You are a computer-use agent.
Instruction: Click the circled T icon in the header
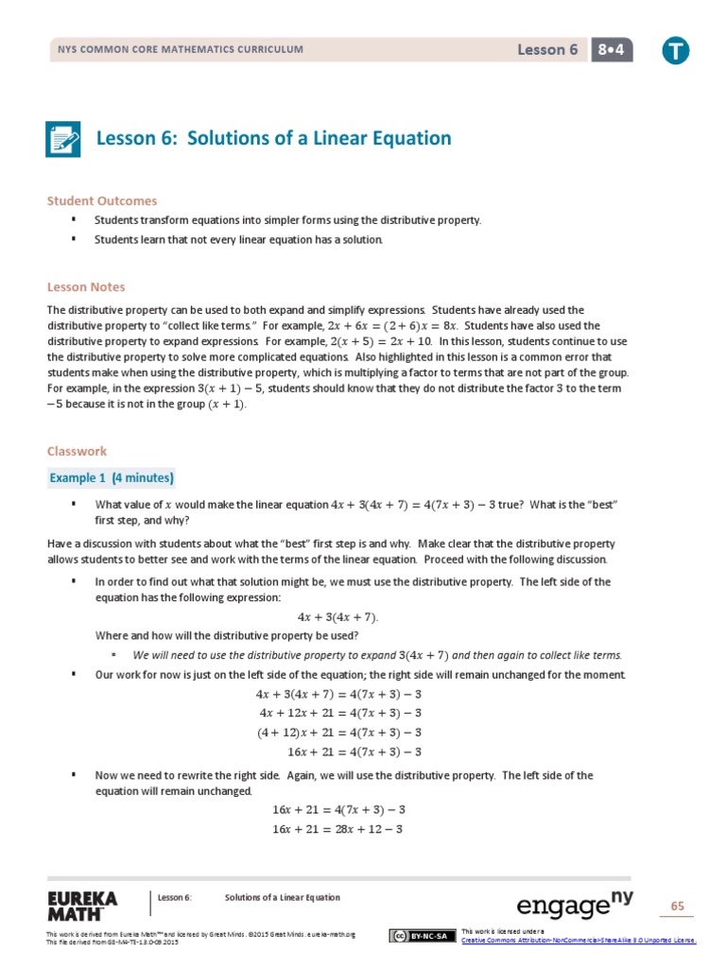675,51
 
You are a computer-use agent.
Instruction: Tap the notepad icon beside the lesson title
64,139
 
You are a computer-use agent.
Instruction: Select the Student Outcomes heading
102,200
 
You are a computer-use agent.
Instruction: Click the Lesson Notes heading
86,286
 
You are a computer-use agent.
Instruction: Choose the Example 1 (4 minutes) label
112,477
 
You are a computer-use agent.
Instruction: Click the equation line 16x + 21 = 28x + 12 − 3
337,829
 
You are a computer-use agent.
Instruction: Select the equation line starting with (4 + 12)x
339,733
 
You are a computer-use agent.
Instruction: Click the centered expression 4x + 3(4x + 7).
337,616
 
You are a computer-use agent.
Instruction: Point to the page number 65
677,907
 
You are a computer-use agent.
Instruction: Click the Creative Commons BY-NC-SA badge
420,936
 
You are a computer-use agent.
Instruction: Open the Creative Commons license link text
579,940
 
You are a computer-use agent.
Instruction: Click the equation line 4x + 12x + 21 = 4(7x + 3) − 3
339,713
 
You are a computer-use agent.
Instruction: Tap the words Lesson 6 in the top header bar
547,50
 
